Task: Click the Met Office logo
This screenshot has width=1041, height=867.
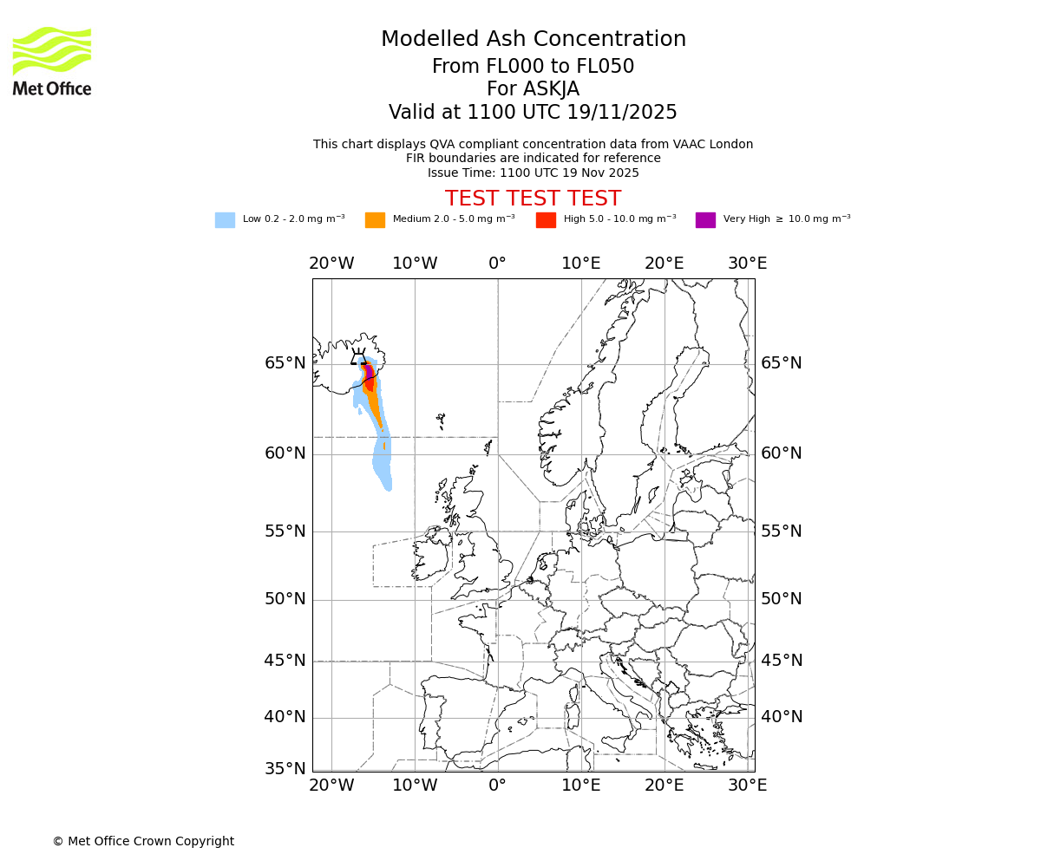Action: click(x=52, y=61)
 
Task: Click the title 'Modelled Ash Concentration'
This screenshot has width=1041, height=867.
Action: click(x=533, y=39)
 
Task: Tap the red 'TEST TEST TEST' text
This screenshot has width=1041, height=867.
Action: click(x=533, y=199)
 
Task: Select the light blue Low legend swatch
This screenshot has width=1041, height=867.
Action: click(x=225, y=220)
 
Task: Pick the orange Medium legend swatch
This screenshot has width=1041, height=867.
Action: click(x=375, y=220)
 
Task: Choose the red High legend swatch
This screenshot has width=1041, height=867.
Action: click(x=546, y=220)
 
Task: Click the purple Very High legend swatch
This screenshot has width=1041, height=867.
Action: click(x=705, y=220)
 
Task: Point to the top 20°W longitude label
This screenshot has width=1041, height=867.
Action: click(x=331, y=264)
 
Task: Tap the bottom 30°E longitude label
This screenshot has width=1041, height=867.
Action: click(x=747, y=786)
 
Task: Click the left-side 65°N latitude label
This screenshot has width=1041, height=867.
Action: click(x=285, y=363)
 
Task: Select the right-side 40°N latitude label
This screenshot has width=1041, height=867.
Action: click(x=782, y=717)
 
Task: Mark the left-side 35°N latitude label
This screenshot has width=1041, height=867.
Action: click(x=285, y=769)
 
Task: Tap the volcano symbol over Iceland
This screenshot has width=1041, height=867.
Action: click(x=358, y=356)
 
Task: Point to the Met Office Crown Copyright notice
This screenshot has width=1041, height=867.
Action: click(x=143, y=841)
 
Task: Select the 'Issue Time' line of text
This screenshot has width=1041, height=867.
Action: click(x=533, y=173)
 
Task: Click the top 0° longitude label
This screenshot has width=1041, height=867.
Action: click(x=497, y=264)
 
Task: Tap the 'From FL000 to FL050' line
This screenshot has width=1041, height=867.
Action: click(x=533, y=67)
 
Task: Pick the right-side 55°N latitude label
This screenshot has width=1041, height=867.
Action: click(x=782, y=531)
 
